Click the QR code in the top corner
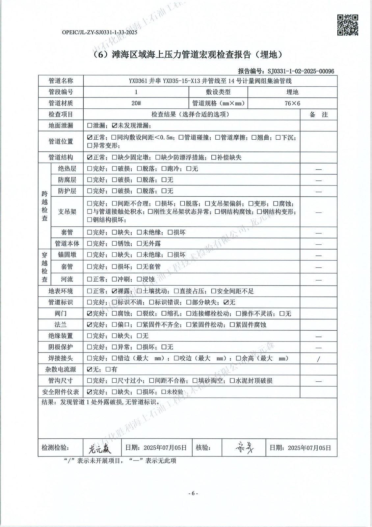(348, 25)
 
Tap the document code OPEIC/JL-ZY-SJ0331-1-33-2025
(99, 32)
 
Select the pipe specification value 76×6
(292, 103)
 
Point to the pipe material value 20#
(136, 103)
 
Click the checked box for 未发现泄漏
(115, 125)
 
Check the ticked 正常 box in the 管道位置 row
(90, 137)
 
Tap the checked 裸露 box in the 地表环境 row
(115, 291)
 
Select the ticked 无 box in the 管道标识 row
(226, 302)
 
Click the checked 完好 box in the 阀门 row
(90, 314)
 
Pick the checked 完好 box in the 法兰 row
(90, 325)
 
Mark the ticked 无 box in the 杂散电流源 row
(90, 370)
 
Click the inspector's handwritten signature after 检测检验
(100, 448)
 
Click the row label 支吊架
(67, 211)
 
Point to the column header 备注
(318, 115)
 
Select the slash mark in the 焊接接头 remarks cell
(318, 359)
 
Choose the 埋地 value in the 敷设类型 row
(292, 92)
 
